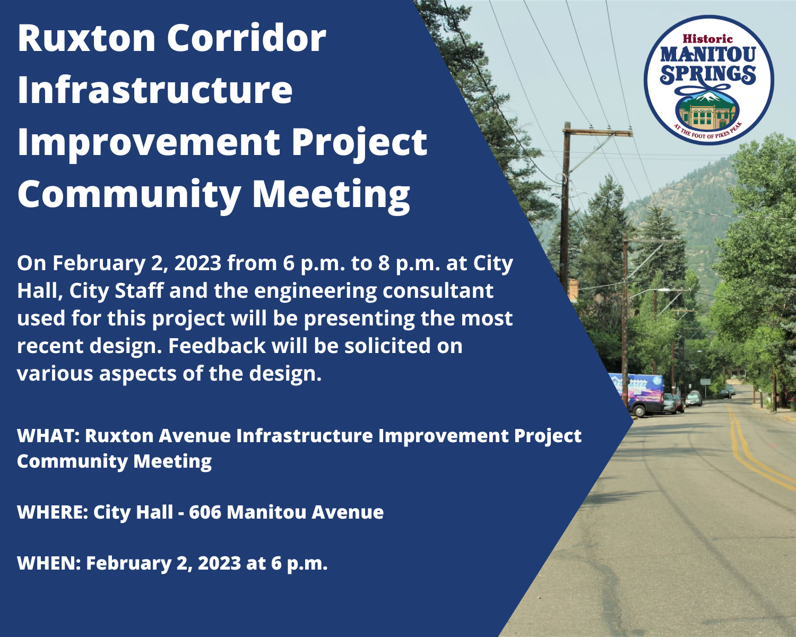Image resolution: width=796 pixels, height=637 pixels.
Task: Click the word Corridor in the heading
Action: click(246, 38)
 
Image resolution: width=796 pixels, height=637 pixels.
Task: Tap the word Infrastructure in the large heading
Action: click(155, 90)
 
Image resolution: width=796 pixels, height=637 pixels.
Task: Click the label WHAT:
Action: click(48, 436)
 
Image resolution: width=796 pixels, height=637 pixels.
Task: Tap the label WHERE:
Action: click(52, 512)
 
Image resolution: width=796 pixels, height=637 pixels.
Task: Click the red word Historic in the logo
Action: click(707, 39)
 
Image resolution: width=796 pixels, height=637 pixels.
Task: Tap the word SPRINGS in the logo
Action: click(708, 74)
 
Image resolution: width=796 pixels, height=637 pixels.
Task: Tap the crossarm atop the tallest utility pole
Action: click(598, 131)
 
